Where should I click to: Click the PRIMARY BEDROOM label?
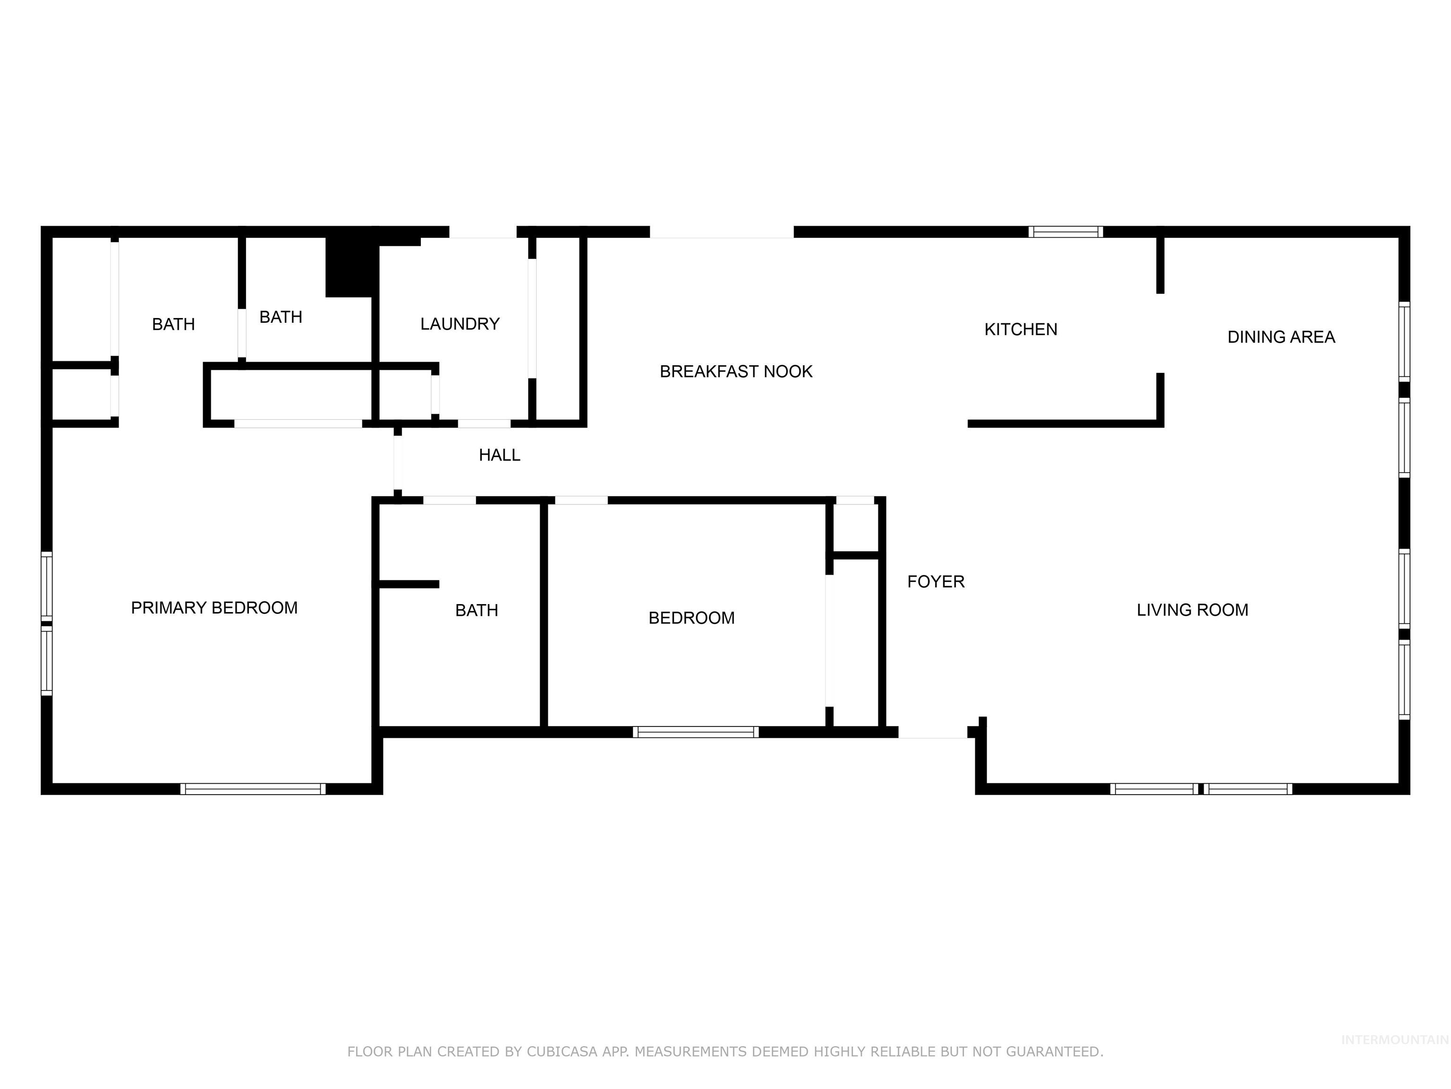coord(214,608)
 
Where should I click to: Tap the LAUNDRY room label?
coord(460,324)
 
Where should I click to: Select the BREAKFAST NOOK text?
coord(735,372)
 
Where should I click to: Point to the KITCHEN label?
coord(1020,329)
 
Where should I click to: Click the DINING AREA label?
coord(1280,337)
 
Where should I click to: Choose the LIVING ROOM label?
coord(1192,610)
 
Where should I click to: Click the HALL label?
coord(499,455)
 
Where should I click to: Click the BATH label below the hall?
coord(476,611)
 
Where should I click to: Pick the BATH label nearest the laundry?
coord(281,317)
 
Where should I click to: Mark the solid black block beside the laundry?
coord(349,266)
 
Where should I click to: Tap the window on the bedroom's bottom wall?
coord(695,732)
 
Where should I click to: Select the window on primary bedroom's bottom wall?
coord(253,789)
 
